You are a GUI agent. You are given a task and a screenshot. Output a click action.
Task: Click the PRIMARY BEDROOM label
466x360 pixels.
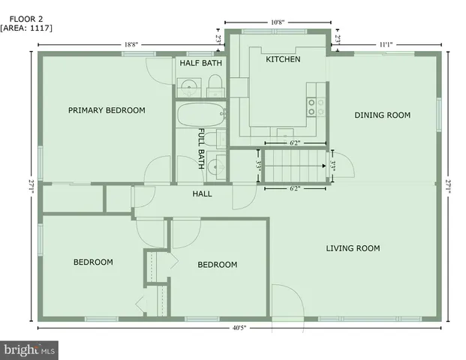pos(107,110)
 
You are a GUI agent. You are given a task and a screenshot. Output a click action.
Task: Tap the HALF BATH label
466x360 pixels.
pos(200,63)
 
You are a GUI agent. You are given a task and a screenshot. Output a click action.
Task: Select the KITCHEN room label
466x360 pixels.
pos(283,59)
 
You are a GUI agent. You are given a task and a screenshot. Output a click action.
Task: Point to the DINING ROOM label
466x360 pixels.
pos(382,115)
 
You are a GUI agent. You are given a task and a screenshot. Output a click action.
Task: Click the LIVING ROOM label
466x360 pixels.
pos(353,248)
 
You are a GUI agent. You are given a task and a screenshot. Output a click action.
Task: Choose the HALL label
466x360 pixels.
pos(202,193)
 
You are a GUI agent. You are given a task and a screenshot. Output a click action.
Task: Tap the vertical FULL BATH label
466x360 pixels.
pos(202,148)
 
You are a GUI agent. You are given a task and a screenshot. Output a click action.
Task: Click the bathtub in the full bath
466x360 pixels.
pos(200,116)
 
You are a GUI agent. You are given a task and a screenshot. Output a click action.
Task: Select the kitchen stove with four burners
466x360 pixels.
pos(315,106)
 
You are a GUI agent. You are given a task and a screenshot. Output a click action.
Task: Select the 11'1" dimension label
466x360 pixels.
pos(385,44)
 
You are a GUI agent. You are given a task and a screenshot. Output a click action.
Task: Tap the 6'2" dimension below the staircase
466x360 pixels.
pos(294,189)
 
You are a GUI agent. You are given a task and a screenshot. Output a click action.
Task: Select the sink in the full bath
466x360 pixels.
pos(215,166)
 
